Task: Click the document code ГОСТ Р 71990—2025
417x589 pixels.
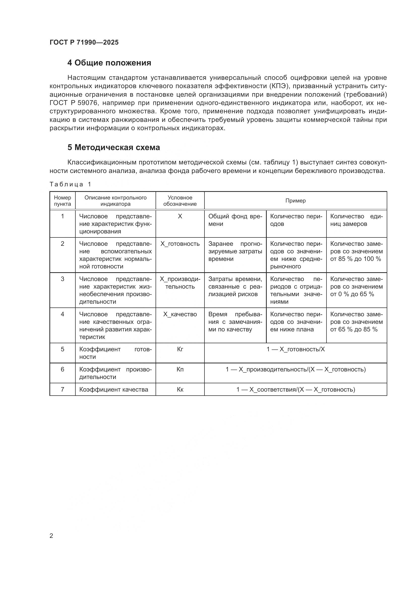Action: coord(84,42)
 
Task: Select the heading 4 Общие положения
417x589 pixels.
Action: coord(109,63)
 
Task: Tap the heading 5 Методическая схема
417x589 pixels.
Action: coord(113,148)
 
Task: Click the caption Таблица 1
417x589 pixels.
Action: coord(70,184)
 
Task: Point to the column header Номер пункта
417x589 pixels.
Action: coord(62,201)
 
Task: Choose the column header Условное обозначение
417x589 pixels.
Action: coord(180,201)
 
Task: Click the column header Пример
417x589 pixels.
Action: coord(295,201)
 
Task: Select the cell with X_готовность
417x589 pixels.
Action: coord(180,244)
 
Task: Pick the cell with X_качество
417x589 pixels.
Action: coord(180,314)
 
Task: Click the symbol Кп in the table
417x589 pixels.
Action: coord(180,369)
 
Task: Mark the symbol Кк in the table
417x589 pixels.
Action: coord(180,389)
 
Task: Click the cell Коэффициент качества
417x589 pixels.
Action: coord(113,389)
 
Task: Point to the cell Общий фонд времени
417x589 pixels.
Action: coord(235,220)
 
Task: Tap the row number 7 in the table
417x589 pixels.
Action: coord(62,389)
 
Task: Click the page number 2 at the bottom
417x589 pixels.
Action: coord(51,536)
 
